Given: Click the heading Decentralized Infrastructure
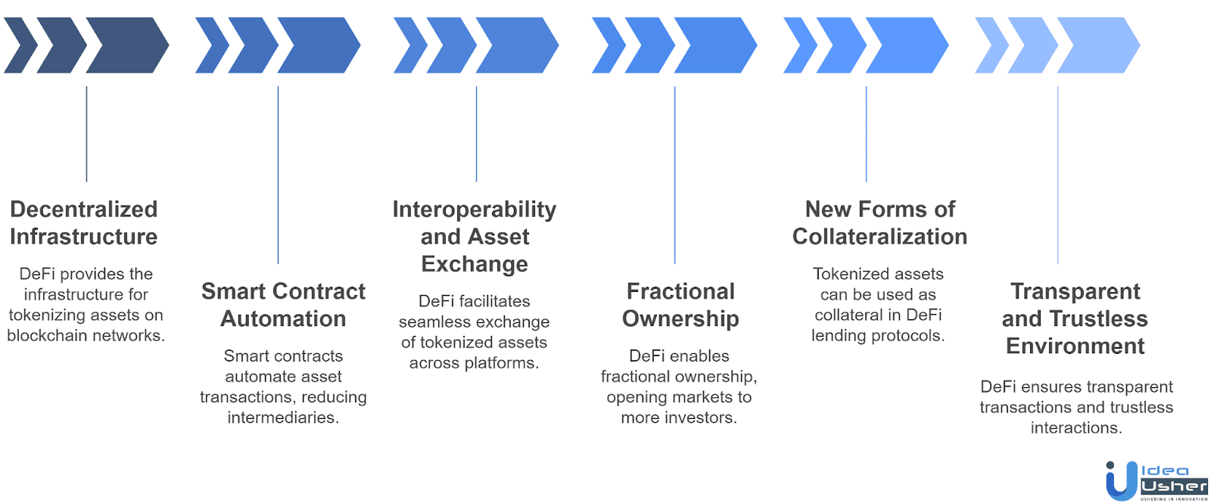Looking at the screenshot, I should (84, 223).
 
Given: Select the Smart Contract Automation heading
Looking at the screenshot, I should (283, 305).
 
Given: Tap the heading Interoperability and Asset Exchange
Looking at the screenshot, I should (475, 237).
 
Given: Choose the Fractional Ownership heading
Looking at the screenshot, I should (680, 305).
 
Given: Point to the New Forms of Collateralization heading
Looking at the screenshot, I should (879, 223).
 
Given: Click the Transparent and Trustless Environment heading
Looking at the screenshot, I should (1075, 318).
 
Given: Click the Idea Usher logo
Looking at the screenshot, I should (1156, 480).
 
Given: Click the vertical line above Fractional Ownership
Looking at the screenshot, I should (674, 174).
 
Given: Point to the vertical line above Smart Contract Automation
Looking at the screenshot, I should (278, 174).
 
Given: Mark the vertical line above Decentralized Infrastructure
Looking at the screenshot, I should (86, 134).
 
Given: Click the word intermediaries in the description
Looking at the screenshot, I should (282, 418).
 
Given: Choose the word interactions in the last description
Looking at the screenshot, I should (1075, 428).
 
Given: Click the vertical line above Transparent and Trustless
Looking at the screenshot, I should (1057, 174).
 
